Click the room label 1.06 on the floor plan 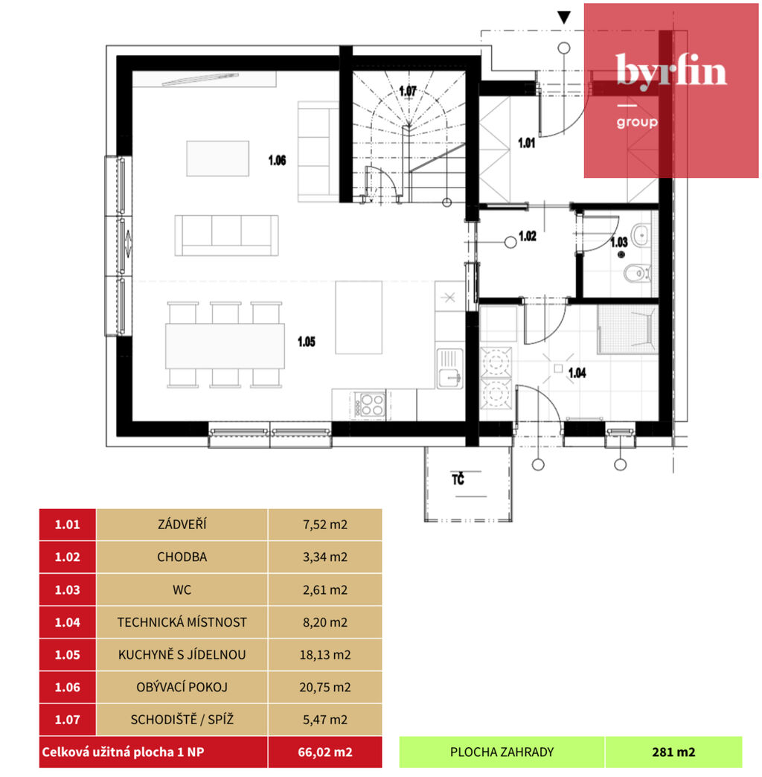point(277,160)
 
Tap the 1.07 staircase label point(408,92)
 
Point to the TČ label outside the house point(458,479)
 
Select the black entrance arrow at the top point(564,18)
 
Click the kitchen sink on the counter point(450,368)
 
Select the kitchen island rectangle point(359,318)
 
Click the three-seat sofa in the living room point(226,235)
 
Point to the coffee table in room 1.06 point(217,159)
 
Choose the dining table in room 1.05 point(225,346)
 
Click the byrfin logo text point(671,72)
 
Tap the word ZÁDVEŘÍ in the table point(182,524)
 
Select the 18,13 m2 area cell point(325,655)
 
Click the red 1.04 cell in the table point(68,622)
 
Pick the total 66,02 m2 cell point(325,752)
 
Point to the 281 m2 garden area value point(673,752)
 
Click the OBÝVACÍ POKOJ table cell point(182,687)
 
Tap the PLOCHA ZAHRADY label point(502,752)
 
